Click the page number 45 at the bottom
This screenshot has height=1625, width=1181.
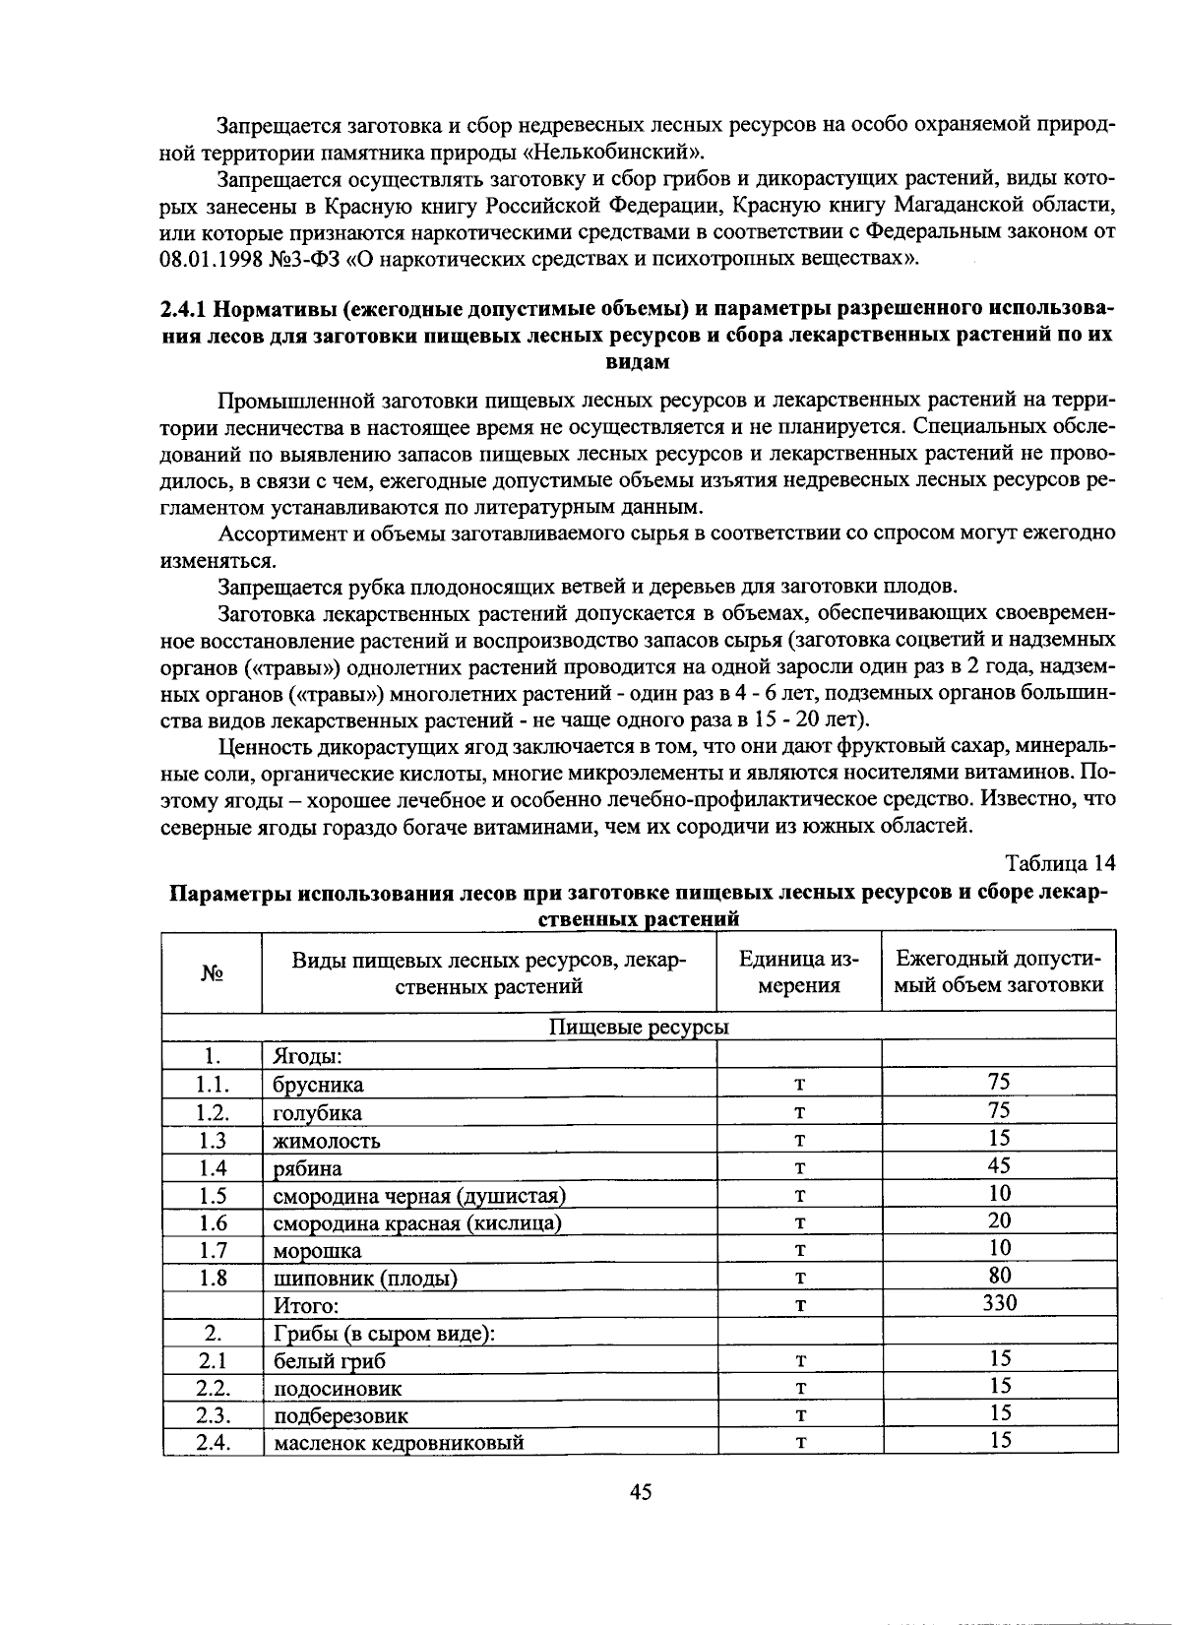coord(640,1492)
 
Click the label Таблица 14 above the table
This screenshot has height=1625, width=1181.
coord(1060,863)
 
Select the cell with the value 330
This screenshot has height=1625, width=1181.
coord(999,1303)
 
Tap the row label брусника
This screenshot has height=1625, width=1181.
coord(318,1085)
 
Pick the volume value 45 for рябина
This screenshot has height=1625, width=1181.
coord(999,1165)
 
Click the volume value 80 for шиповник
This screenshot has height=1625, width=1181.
coord(999,1276)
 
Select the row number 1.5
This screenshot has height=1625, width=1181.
coord(213,1195)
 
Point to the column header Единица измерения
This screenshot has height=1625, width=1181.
coord(798,972)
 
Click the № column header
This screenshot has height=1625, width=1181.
coord(213,972)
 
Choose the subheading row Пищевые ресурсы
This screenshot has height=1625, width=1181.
coord(639,1028)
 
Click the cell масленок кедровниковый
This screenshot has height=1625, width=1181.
coord(399,1443)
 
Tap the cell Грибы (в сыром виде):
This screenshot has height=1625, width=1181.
coord(384,1334)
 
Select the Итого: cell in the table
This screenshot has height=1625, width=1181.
coord(306,1306)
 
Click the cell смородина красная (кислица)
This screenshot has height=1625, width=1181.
coord(417,1223)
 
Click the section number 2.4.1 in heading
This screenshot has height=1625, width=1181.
coord(183,308)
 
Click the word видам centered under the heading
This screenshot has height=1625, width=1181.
coord(638,361)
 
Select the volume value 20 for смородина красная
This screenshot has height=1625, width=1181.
coord(999,1220)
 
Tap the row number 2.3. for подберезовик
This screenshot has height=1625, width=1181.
coord(213,1415)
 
